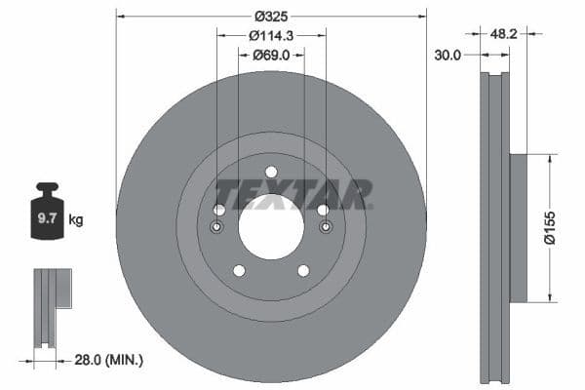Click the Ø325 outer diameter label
271,17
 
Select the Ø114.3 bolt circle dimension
271,35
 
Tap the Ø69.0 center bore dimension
271,55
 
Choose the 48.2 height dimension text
502,33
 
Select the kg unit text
76,220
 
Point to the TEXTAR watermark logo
292,193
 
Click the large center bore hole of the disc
271,227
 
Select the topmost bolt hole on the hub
271,173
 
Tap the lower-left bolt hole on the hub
238,270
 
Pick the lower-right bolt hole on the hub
303,270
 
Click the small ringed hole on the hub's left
216,228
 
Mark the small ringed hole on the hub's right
326,228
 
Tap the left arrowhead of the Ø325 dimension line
120,17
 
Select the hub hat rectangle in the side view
518,227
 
